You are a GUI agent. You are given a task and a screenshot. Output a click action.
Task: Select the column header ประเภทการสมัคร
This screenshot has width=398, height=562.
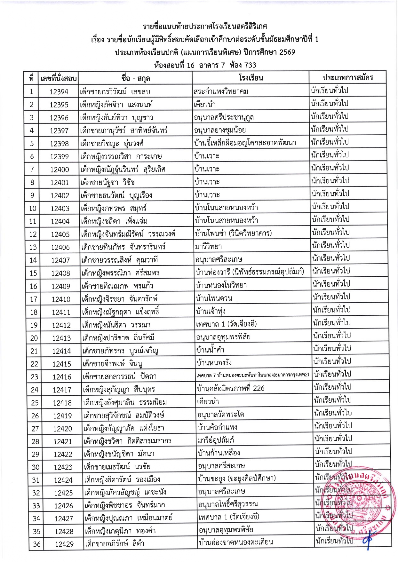point(347,77)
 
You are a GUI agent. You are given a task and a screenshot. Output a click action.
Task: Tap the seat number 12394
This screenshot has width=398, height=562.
point(59,92)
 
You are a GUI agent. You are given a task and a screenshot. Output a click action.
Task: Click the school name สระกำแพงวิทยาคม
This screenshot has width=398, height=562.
point(221,91)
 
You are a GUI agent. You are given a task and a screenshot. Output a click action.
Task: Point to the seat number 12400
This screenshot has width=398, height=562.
point(60,170)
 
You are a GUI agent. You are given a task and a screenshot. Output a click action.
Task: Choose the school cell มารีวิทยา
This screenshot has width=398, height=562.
point(208,247)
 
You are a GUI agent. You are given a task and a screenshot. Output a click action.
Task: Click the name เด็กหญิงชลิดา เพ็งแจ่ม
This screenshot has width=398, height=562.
point(114,221)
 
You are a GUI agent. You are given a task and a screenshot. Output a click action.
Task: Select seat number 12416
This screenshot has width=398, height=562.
point(62,377)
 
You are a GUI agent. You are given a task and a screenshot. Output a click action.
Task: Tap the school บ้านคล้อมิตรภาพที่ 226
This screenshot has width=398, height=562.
point(231,388)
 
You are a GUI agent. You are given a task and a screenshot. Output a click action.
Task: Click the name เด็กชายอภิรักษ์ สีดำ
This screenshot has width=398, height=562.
point(114,543)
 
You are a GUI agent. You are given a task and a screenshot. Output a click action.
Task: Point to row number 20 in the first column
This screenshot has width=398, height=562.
point(34,338)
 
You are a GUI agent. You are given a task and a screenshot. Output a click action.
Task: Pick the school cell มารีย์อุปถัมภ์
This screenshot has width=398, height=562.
point(216,440)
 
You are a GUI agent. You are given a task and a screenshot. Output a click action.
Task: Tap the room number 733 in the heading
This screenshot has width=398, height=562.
point(250,65)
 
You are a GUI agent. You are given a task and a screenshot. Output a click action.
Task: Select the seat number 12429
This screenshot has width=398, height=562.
point(64,544)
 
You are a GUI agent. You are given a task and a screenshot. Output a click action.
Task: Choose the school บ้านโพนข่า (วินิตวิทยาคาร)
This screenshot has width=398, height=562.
point(233,233)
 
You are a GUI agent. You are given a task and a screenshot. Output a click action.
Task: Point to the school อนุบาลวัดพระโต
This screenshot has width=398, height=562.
point(221,415)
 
